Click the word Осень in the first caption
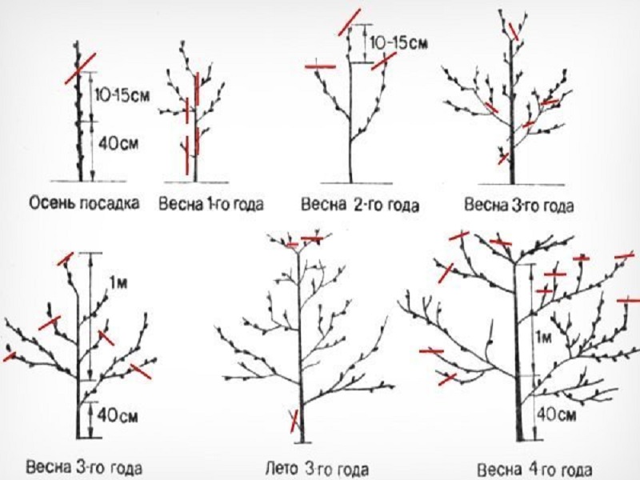(52, 203)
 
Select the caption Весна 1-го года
(210, 204)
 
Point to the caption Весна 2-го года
(359, 205)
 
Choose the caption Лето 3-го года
(317, 470)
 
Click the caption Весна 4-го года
(534, 470)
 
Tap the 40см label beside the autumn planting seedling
(118, 144)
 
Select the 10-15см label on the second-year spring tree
(398, 42)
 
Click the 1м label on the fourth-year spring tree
(543, 338)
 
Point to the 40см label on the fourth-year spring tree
(556, 414)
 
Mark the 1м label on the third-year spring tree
(119, 283)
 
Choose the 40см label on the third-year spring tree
(118, 415)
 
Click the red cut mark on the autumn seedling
(81, 68)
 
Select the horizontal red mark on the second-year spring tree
(321, 66)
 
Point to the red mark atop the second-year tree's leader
(350, 22)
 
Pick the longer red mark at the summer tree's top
(312, 238)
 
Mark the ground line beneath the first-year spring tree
(196, 182)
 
